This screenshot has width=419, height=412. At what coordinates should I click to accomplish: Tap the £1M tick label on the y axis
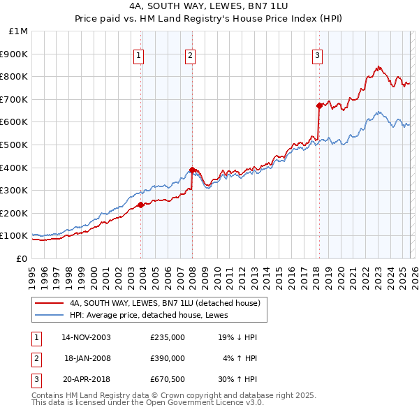tap(19, 31)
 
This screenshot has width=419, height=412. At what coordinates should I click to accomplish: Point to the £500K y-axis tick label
tap(15, 145)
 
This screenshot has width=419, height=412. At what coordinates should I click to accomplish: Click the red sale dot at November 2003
tap(140, 205)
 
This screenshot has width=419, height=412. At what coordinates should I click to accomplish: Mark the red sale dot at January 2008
tap(192, 169)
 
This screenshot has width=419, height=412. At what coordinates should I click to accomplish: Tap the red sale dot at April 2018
tap(319, 105)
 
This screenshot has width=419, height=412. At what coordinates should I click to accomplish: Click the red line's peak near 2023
tap(378, 67)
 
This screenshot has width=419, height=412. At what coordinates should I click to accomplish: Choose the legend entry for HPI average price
tap(154, 316)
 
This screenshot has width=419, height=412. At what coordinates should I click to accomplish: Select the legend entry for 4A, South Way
tap(165, 303)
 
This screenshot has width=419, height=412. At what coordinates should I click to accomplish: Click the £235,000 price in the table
tap(168, 337)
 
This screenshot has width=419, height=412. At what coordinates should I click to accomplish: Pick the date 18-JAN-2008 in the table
tap(87, 358)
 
